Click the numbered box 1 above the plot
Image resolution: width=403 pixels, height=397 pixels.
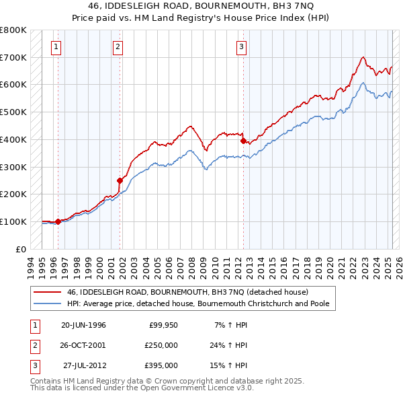pyautogui.click(x=55, y=46)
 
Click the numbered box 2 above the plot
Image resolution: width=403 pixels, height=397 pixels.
pyautogui.click(x=118, y=46)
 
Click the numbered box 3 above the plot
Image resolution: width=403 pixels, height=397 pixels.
pyautogui.click(x=240, y=46)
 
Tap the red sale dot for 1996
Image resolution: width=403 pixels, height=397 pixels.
pyautogui.click(x=58, y=221)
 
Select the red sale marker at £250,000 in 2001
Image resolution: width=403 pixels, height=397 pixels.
pyautogui.click(x=120, y=180)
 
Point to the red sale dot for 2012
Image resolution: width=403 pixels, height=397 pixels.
pyautogui.click(x=243, y=141)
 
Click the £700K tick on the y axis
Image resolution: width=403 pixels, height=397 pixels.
pyautogui.click(x=13, y=57)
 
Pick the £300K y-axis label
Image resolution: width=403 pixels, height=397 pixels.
pyautogui.click(x=13, y=167)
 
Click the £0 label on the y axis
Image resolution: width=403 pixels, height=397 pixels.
pyautogui.click(x=21, y=249)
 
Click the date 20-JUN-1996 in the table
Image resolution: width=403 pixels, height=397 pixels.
pyautogui.click(x=83, y=325)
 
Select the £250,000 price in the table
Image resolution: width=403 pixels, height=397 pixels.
pyautogui.click(x=161, y=345)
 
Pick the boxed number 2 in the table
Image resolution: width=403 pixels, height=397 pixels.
pyautogui.click(x=33, y=345)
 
